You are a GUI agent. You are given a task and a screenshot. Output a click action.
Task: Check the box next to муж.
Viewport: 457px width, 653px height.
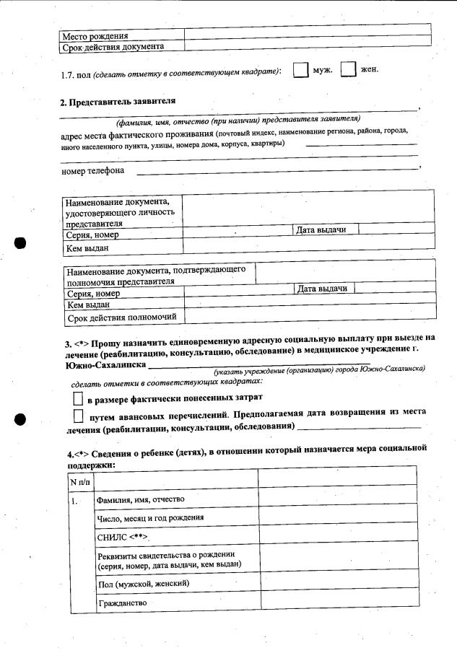click(x=300, y=71)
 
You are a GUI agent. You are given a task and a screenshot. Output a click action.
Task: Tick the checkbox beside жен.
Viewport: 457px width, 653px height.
click(x=349, y=71)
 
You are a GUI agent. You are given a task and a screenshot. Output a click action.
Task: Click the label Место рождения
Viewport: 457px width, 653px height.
click(x=95, y=35)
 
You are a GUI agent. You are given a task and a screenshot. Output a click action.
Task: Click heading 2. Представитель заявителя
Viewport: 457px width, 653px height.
click(x=118, y=102)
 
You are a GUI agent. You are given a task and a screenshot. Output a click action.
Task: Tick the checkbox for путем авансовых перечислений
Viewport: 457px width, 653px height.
click(x=78, y=416)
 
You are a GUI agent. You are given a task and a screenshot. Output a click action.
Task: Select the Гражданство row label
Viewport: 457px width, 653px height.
click(x=122, y=602)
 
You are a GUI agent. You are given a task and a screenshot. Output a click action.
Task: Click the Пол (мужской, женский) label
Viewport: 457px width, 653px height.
click(x=143, y=582)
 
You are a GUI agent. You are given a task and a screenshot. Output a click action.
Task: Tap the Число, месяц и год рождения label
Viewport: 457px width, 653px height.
click(x=150, y=517)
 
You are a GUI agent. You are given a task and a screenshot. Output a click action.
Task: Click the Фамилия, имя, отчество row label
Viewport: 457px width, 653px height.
click(x=141, y=499)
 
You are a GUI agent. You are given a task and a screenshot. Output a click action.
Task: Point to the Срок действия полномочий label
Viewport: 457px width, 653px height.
click(x=125, y=317)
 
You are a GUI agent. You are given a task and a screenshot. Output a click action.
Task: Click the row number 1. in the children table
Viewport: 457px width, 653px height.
click(x=74, y=499)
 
